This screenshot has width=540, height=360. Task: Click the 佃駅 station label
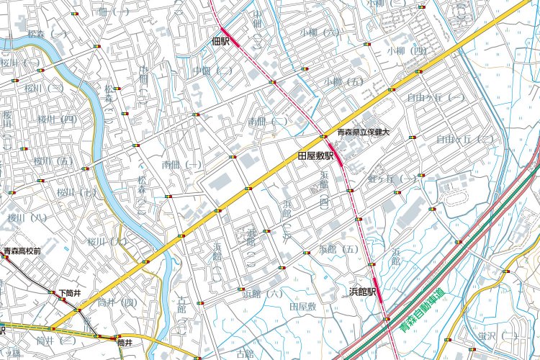tap(220, 42)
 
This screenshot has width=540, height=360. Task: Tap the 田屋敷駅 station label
tap(316, 156)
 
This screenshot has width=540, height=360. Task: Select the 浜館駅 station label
tap(364, 292)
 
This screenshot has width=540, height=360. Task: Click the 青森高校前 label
tap(22, 252)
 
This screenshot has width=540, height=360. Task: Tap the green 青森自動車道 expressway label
tap(423, 311)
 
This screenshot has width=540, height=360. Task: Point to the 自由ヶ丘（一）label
tap(436, 96)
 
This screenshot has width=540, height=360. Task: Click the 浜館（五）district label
tap(338, 249)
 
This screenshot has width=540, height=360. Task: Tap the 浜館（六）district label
tap(263, 293)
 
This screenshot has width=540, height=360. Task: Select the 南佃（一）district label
tap(182, 165)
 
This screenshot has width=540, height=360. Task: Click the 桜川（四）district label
tap(57, 119)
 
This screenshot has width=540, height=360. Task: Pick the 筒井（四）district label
tap(117, 302)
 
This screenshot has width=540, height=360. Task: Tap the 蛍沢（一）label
tap(498, 336)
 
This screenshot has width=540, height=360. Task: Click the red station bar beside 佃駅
tap(226, 33)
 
